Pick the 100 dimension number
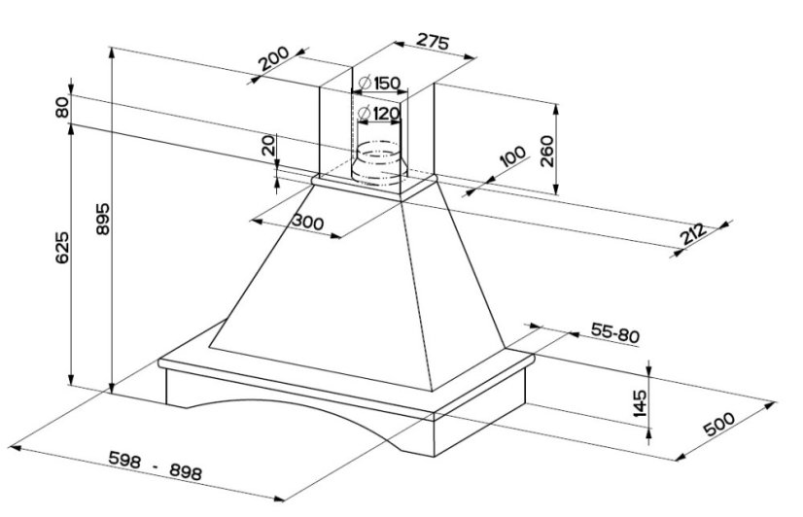(512, 156)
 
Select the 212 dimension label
(693, 235)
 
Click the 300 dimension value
(307, 222)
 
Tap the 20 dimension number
(267, 147)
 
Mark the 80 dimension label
(63, 109)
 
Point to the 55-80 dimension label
(614, 333)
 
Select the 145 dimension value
(639, 401)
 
